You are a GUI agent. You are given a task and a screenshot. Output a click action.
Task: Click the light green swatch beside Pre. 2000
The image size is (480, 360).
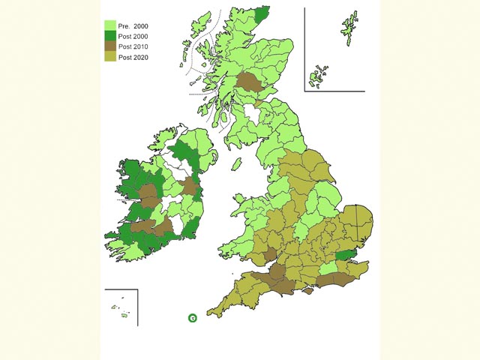tap(109, 26)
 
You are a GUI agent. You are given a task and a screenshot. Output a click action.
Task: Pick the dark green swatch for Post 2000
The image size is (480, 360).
tap(109, 37)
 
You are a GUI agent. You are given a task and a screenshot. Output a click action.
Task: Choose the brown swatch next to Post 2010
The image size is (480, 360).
tap(109, 47)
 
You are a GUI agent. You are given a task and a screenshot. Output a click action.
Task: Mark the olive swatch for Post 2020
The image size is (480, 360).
tap(109, 58)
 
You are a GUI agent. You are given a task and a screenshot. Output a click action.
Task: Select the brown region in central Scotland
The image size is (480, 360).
tap(249, 82)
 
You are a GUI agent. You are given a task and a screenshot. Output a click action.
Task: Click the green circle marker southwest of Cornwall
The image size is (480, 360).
tap(193, 318)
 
